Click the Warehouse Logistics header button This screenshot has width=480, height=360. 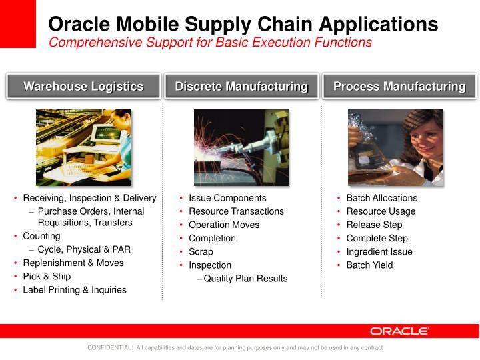[83, 87]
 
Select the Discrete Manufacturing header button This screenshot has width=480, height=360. [241, 87]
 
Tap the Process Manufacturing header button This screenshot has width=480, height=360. [399, 87]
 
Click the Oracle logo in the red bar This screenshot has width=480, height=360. [399, 331]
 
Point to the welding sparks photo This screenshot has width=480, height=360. [241, 147]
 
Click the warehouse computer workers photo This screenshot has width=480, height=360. [83, 147]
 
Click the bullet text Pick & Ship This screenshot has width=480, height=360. [47, 276]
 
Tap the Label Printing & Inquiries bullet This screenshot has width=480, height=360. [74, 289]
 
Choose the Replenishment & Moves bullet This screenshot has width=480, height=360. [73, 263]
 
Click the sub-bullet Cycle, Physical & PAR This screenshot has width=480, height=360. [84, 249]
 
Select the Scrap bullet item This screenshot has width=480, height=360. [201, 251]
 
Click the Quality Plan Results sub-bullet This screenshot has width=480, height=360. [245, 279]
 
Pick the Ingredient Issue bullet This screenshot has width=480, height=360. [379, 251]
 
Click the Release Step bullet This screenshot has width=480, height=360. [374, 225]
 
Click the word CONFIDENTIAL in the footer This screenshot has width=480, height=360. [110, 348]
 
